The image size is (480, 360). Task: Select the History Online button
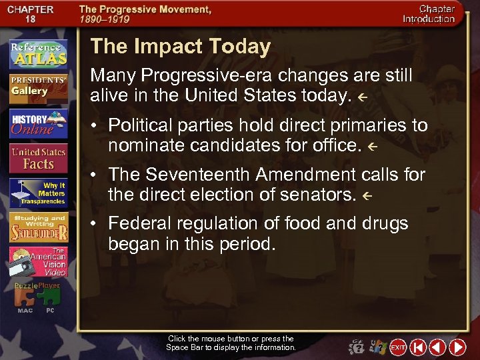click(38, 123)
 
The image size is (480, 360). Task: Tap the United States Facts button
click(38, 159)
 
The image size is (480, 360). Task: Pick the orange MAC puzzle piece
click(25, 297)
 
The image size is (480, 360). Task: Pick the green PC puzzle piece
click(50, 297)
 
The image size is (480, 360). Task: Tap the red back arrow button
click(437, 347)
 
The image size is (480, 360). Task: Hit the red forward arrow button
click(457, 347)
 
